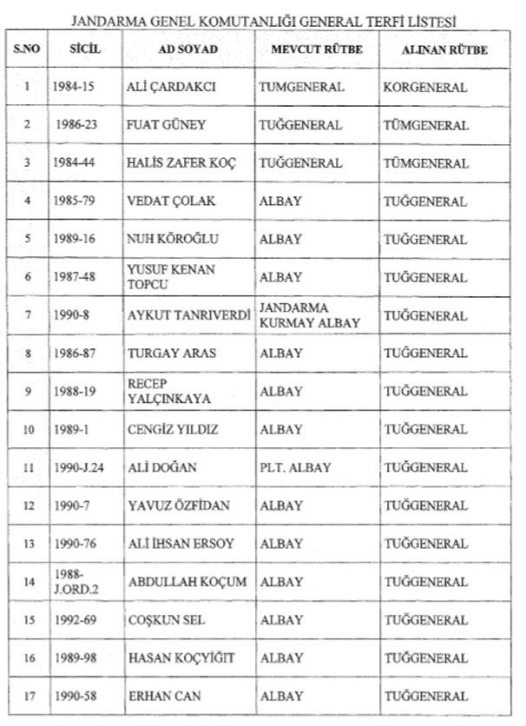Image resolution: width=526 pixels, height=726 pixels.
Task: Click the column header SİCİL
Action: (85, 49)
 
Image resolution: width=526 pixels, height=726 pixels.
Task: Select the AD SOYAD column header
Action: (188, 49)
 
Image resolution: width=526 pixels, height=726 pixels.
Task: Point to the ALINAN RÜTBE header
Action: (444, 49)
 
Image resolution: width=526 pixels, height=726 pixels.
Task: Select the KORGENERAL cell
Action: (426, 88)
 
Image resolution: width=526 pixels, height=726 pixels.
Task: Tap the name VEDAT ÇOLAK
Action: (171, 201)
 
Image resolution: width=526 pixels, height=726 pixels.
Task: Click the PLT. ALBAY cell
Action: (295, 467)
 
